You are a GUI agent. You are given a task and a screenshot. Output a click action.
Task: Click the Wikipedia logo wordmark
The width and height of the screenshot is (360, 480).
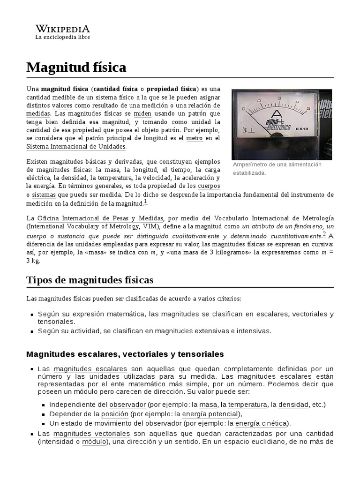tap(62, 28)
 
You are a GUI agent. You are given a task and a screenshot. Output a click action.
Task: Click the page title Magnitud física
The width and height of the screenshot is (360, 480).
tap(76, 67)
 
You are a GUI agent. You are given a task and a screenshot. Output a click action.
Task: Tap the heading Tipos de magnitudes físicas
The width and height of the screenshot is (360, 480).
tap(90, 280)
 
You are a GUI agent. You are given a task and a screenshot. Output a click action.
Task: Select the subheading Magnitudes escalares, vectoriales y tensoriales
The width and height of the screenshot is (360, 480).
tap(125, 353)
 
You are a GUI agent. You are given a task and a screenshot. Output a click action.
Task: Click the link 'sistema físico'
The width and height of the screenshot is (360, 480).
tap(114, 97)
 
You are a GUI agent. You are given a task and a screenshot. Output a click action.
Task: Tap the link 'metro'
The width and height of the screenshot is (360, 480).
tap(194, 138)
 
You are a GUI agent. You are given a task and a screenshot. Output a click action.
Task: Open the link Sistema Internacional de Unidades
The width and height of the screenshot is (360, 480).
tap(76, 146)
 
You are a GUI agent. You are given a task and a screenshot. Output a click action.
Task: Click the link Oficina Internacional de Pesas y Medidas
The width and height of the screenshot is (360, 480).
tap(100, 218)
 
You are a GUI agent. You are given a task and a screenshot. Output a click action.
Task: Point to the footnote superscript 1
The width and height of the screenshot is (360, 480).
tap(145, 202)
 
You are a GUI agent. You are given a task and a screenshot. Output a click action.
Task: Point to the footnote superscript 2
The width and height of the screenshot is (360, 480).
tap(324, 234)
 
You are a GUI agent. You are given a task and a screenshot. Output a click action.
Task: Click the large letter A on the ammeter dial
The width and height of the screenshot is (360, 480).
tap(277, 115)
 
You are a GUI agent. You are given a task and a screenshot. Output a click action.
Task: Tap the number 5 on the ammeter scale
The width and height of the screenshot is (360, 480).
tap(308, 108)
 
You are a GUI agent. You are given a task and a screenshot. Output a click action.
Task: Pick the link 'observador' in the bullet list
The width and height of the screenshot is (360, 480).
tap(127, 404)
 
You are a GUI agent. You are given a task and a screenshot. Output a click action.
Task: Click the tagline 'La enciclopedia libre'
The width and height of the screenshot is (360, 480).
tap(62, 37)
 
